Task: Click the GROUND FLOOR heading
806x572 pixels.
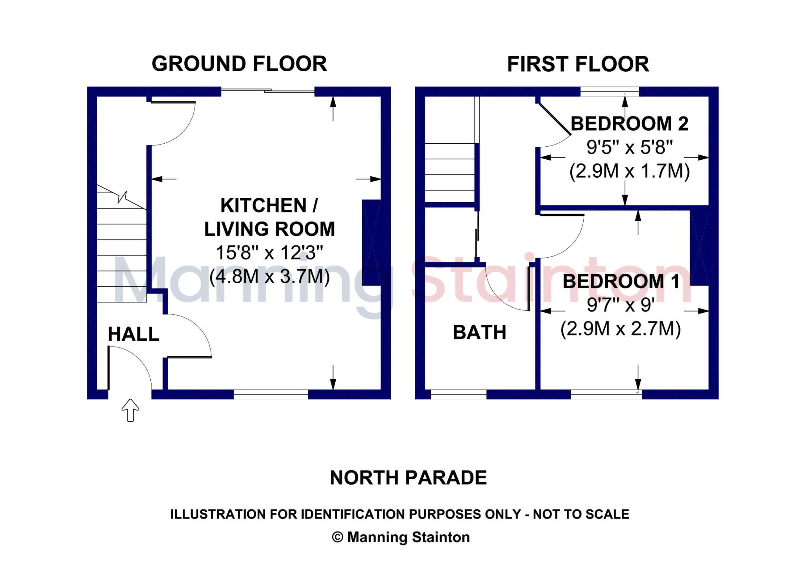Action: [239, 64]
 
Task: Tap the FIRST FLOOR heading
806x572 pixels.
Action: [578, 64]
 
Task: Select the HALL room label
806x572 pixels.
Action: [133, 334]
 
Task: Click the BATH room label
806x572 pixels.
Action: [479, 332]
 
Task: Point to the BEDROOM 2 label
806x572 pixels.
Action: [629, 124]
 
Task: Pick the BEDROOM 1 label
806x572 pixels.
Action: [621, 281]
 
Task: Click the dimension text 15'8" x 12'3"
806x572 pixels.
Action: [269, 253]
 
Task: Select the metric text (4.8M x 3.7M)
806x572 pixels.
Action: [269, 276]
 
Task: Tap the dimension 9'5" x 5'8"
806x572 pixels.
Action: [629, 147]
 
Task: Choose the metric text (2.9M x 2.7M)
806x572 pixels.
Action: [621, 328]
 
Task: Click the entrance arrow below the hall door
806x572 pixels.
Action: [130, 410]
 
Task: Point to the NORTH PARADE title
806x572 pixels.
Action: [408, 478]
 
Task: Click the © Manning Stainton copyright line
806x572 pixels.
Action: [401, 537]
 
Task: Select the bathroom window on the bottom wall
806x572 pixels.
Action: [458, 394]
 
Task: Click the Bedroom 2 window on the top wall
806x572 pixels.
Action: [610, 92]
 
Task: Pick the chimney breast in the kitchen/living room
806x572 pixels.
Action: [371, 242]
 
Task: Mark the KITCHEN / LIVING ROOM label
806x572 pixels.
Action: [269, 217]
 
